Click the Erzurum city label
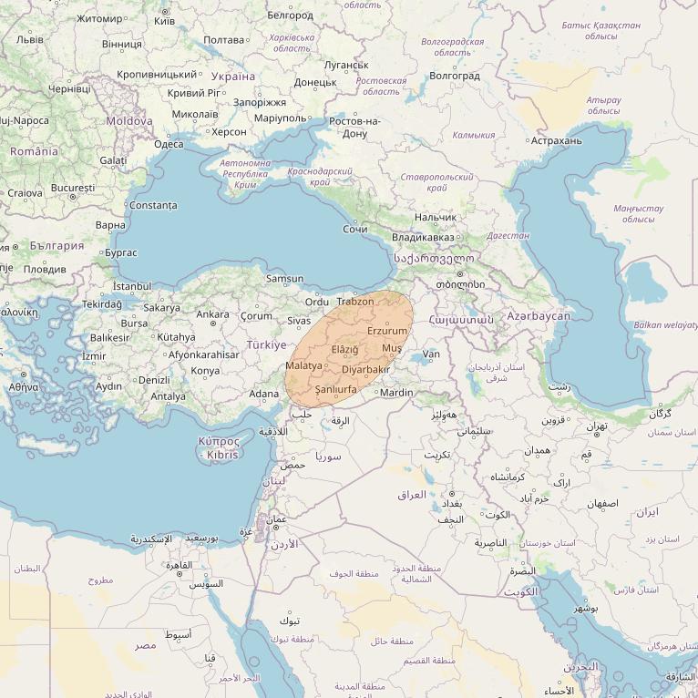387,331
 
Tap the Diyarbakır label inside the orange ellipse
365,369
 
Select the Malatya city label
303,365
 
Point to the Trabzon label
355,302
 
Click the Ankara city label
213,314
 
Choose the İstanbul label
131,286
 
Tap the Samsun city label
284,279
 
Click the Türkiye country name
266,345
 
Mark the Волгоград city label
454,76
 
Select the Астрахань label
556,140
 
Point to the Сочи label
355,229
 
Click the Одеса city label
169,144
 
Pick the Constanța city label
153,205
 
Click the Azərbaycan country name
539,316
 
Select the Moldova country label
129,120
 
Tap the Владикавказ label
423,238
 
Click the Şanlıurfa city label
335,389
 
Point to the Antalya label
168,396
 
